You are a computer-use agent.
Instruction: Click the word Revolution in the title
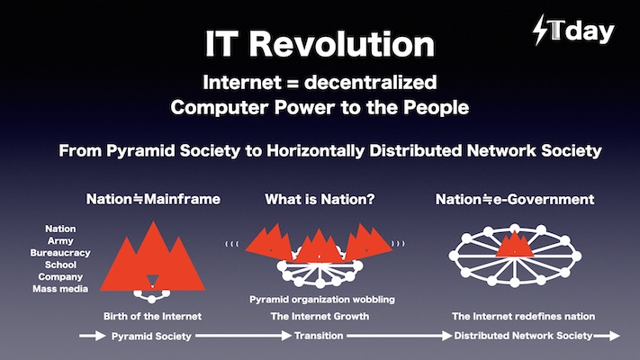coord(342,44)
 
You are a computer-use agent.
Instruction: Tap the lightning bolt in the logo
coord(540,30)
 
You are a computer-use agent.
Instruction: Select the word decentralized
coord(371,83)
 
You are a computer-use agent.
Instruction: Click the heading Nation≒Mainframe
coord(153,199)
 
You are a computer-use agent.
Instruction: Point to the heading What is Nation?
coord(320,199)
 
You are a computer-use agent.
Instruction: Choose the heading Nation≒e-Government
coord(515,199)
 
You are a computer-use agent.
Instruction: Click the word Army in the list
coord(60,241)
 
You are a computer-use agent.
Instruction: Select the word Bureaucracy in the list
coord(60,253)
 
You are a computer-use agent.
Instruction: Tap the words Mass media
coord(60,289)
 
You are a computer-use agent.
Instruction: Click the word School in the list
coord(60,265)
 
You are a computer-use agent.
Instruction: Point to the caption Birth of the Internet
coord(152,316)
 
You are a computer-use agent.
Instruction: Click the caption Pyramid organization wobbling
coord(322,300)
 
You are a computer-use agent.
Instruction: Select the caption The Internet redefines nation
coord(523,316)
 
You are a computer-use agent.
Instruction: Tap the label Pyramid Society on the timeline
coord(151,337)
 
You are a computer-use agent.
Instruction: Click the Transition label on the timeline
coord(319,336)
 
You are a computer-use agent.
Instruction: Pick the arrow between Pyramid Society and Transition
coord(244,336)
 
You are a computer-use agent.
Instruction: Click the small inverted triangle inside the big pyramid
coord(152,281)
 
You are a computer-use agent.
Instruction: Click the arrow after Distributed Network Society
coord(607,336)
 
